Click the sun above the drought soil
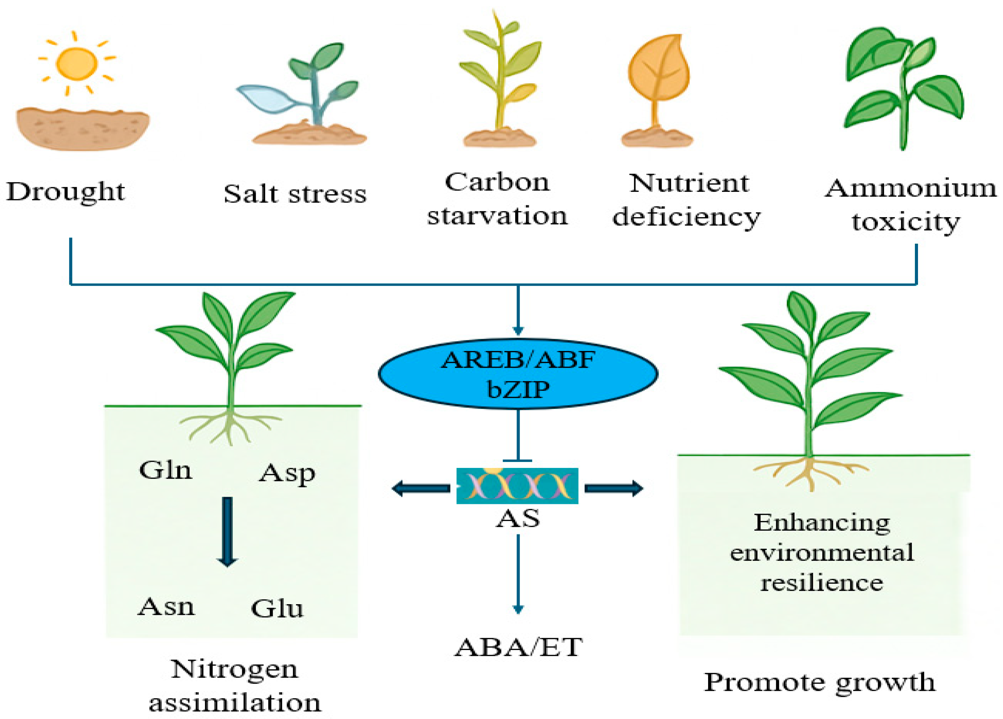coord(77,64)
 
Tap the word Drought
coord(66,192)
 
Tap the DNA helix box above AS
coord(517,486)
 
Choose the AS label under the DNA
coord(518,519)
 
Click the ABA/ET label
coord(518,647)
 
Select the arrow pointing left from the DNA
coord(420,489)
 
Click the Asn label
coord(166,607)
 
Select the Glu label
coord(277,609)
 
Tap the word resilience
coord(822,583)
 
